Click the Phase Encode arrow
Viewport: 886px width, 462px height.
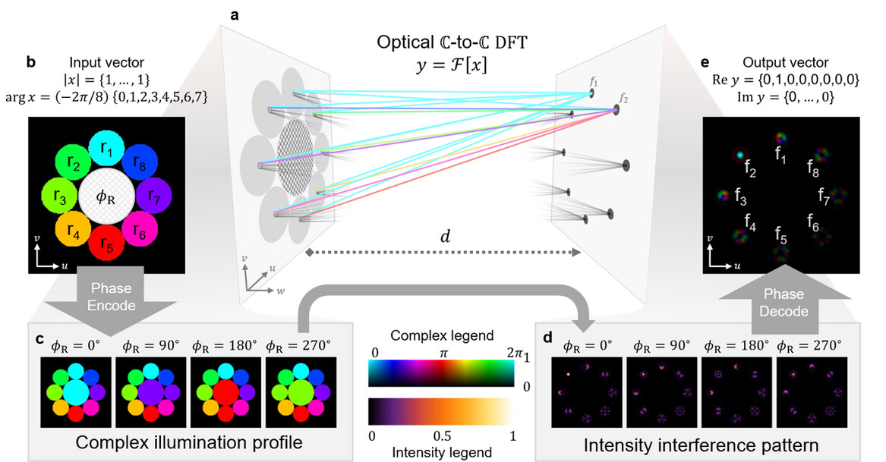point(108,299)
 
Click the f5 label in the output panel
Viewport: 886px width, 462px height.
point(780,235)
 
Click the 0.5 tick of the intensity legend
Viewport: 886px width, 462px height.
point(442,437)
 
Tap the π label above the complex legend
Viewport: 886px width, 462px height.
point(443,354)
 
